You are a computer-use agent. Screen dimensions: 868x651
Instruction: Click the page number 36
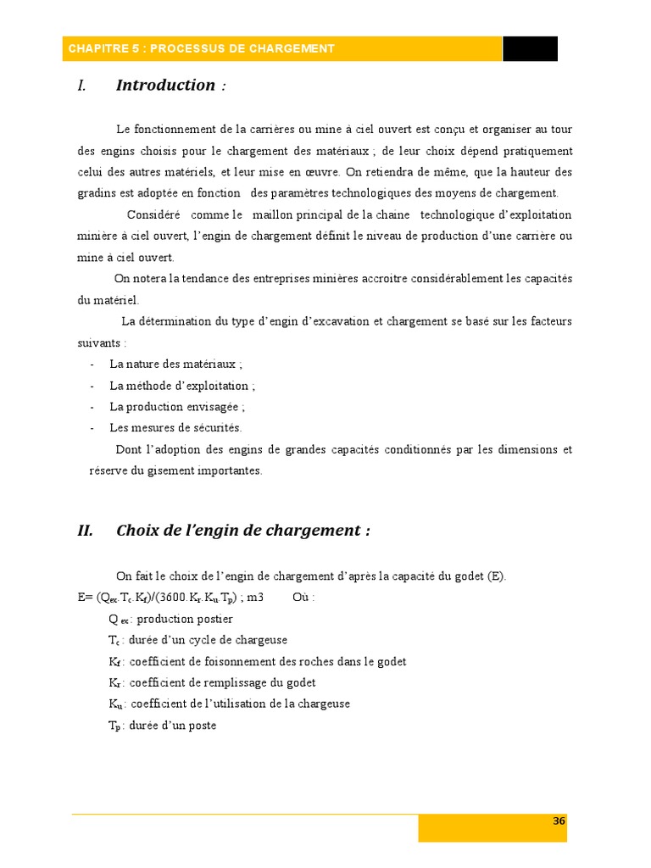[x=559, y=821]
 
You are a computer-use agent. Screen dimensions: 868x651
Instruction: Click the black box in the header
[x=530, y=48]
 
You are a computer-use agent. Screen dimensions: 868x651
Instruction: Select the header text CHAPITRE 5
[x=99, y=48]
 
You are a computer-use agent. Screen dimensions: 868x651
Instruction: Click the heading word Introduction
[x=165, y=85]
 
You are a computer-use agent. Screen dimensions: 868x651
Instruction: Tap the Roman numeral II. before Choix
[x=85, y=531]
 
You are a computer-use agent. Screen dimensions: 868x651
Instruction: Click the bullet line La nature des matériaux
[x=175, y=364]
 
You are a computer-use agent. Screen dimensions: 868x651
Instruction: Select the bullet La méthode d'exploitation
[x=182, y=385]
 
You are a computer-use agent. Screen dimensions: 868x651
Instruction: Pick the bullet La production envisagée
[x=177, y=406]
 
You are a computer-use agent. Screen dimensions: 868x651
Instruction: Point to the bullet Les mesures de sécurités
[x=175, y=427]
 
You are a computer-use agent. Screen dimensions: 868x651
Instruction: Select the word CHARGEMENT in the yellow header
[x=292, y=48]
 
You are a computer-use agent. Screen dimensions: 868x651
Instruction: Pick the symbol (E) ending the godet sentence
[x=496, y=576]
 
